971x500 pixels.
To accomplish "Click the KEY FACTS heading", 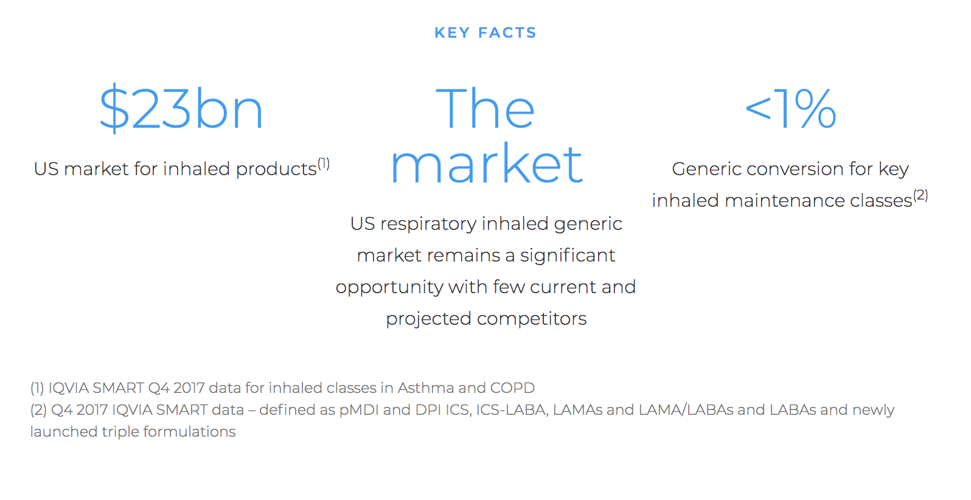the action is pyautogui.click(x=485, y=32).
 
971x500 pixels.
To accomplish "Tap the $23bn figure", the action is pyautogui.click(x=181, y=108).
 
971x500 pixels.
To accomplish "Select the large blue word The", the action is pyautogui.click(x=485, y=108).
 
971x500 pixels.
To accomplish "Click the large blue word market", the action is pyautogui.click(x=486, y=163).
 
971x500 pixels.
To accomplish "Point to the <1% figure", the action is pyautogui.click(x=790, y=108).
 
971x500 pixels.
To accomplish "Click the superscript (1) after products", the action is pyautogui.click(x=324, y=164).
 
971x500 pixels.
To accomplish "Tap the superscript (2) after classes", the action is pyautogui.click(x=921, y=195).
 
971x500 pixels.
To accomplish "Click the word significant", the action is pyautogui.click(x=568, y=255).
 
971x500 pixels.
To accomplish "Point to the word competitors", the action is pyautogui.click(x=532, y=319).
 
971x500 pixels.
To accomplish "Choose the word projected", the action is pyautogui.click(x=428, y=319).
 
